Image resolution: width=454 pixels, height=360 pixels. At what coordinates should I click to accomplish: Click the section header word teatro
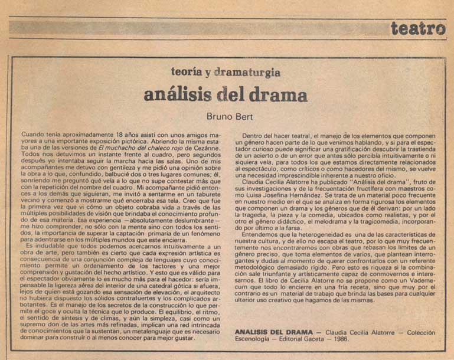[x=418, y=28]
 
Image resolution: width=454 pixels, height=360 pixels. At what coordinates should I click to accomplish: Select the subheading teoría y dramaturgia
[x=226, y=73]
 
